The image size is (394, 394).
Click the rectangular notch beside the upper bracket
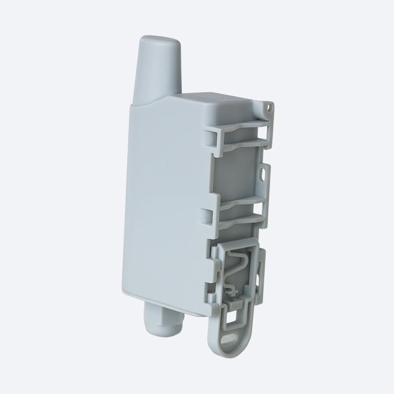(x=208, y=136)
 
